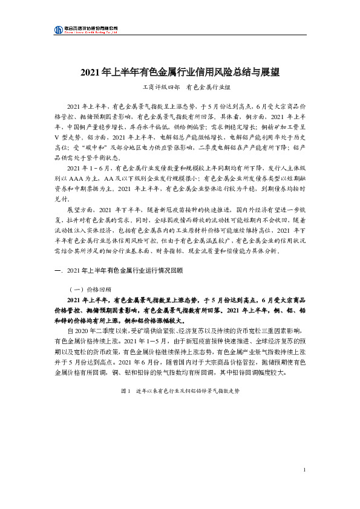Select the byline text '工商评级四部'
click(x=156, y=88)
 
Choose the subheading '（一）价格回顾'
click(x=91, y=288)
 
